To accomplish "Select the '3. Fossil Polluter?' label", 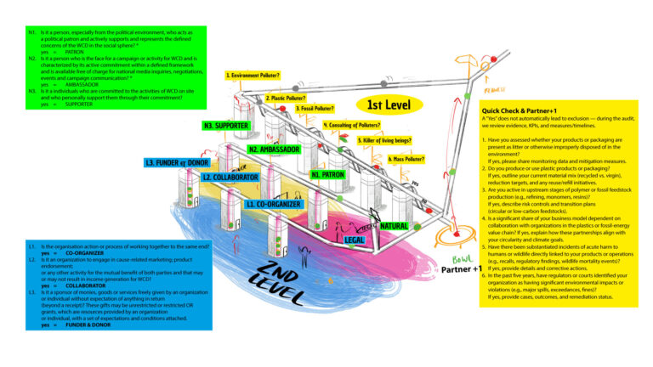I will [315, 109].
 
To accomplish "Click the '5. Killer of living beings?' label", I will [384, 140].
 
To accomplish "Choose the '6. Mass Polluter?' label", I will [406, 159].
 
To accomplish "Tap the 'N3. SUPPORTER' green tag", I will [225, 127].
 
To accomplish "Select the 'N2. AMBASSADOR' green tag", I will [275, 150].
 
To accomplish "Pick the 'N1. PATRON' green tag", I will [326, 175].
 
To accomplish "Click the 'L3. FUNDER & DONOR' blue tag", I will [176, 162].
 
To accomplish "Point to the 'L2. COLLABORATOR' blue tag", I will [230, 178].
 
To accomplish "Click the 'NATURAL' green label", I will [394, 226].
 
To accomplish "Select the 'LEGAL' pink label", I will [356, 240].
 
